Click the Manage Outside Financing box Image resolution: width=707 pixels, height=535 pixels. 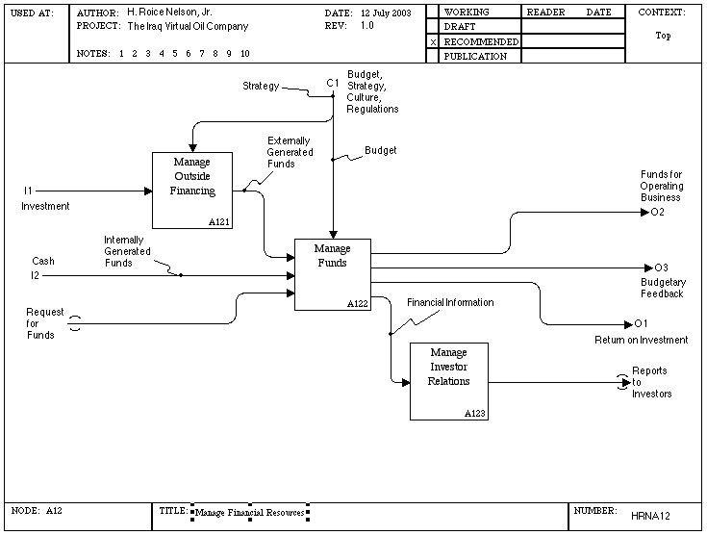[x=192, y=191]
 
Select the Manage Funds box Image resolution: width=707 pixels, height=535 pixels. [x=333, y=275]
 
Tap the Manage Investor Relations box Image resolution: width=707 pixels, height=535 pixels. [x=449, y=382]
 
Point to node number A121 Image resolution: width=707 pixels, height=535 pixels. [x=219, y=222]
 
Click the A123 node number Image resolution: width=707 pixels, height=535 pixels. [x=475, y=414]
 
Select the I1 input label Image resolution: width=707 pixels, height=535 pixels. [x=29, y=191]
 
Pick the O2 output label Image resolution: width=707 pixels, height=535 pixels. [x=657, y=212]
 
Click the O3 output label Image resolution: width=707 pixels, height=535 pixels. [x=661, y=267]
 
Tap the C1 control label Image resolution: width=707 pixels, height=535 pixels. [x=333, y=83]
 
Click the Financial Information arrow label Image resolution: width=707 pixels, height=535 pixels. [x=450, y=302]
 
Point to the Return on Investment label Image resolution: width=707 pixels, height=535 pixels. [x=642, y=340]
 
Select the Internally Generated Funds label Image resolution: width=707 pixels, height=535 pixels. [x=127, y=251]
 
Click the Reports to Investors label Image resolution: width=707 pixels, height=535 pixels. [x=651, y=382]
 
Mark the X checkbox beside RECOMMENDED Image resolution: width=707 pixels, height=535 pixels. [x=433, y=42]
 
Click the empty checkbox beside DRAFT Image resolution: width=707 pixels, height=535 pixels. [x=433, y=27]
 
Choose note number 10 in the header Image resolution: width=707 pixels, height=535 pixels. [x=245, y=54]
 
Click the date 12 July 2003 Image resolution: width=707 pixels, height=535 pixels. [x=386, y=13]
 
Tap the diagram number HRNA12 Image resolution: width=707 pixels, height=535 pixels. [x=650, y=516]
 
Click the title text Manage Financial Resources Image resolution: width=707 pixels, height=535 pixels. [x=250, y=513]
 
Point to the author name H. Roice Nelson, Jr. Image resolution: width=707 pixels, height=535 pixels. [x=169, y=13]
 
